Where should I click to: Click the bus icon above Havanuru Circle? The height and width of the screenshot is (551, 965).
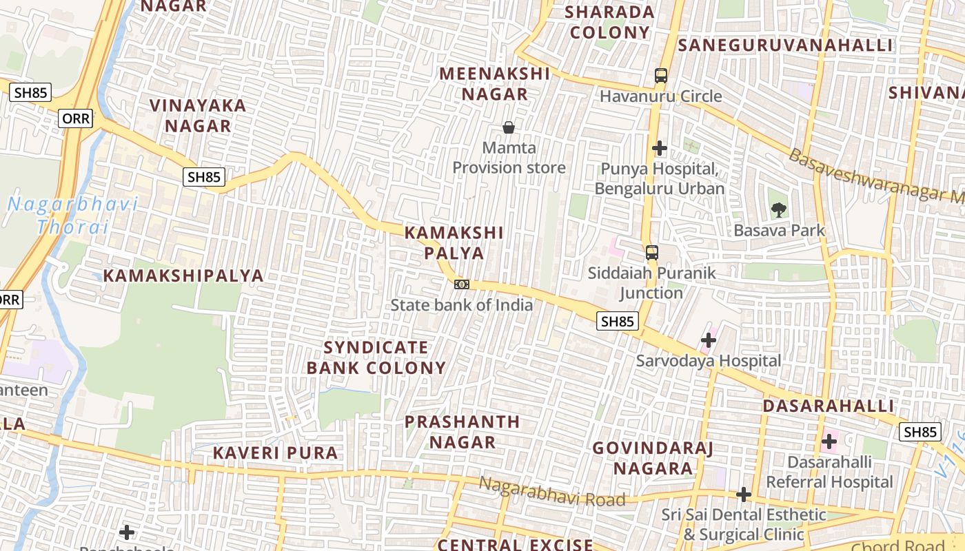(660, 76)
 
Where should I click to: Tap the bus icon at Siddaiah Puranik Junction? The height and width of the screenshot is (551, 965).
(651, 253)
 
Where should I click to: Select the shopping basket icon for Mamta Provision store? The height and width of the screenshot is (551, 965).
(509, 127)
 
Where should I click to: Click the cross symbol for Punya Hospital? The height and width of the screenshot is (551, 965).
(660, 148)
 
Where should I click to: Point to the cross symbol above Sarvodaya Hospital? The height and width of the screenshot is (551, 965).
(709, 340)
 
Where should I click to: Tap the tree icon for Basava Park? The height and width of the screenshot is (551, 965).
(779, 209)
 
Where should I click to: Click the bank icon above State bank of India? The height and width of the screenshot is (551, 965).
(461, 284)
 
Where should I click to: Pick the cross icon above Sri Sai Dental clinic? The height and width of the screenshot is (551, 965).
(743, 495)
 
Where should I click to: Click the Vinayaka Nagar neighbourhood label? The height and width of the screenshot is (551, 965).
(198, 116)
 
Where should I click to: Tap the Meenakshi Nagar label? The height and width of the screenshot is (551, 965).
(495, 83)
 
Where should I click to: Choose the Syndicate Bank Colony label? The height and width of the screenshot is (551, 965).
(376, 357)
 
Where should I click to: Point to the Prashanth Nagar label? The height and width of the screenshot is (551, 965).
(463, 432)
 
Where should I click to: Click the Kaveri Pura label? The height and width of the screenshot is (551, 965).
(275, 453)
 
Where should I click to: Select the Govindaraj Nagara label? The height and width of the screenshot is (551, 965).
(653, 458)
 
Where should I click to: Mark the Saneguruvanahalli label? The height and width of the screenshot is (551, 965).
(785, 45)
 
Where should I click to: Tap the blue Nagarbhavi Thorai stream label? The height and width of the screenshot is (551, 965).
(72, 215)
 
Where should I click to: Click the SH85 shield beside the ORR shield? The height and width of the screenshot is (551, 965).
(30, 92)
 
